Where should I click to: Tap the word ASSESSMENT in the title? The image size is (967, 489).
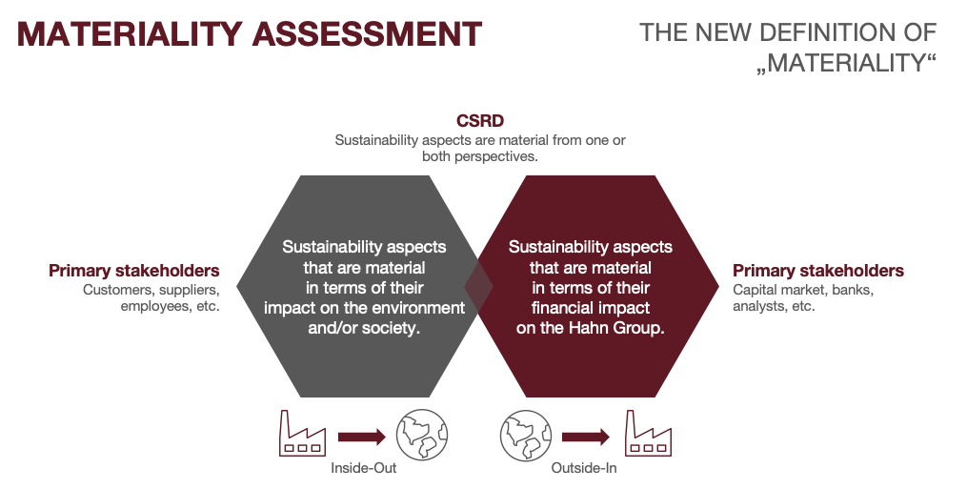(367, 34)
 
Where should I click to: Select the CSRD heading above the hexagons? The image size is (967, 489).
(480, 120)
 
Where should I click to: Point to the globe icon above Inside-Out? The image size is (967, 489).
(422, 436)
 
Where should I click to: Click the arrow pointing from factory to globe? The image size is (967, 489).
(361, 438)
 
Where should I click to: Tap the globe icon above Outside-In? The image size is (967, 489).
(526, 436)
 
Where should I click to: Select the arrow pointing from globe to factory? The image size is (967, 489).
(585, 438)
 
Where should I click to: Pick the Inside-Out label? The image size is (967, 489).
(363, 468)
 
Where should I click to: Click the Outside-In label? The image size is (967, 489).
(583, 468)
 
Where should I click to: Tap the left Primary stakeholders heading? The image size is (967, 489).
(133, 271)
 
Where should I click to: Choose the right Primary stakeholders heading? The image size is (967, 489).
(818, 271)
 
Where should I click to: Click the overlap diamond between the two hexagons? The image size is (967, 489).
(479, 287)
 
